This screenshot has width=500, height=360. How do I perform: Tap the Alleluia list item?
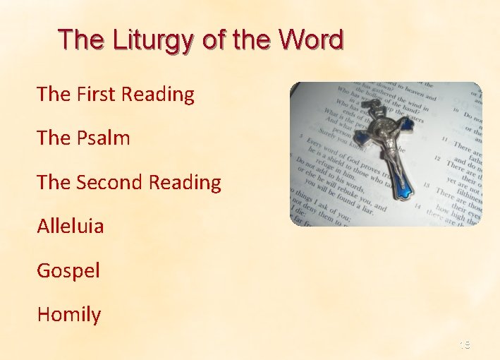tap(71, 226)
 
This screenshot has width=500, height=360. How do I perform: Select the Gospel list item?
tap(68, 270)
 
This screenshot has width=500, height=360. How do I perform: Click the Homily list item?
tap(69, 314)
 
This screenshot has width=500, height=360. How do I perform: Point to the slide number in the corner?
tap(464, 345)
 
